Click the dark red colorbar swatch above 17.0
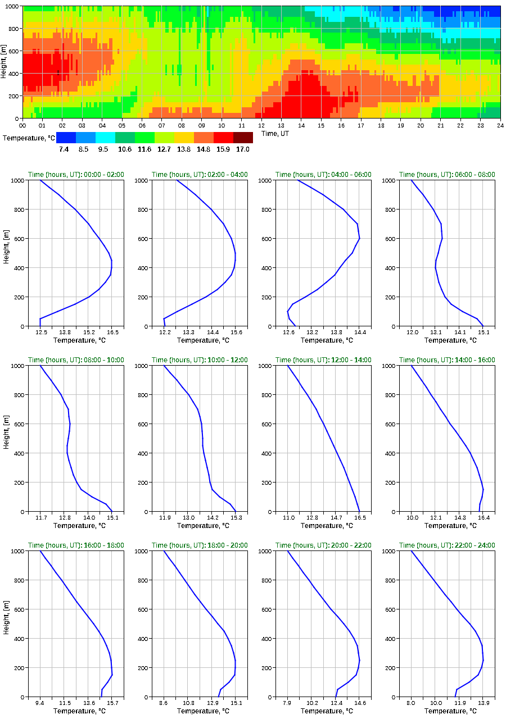pos(243,137)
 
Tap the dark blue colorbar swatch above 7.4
pos(66,137)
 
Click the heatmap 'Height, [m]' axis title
pos(4,62)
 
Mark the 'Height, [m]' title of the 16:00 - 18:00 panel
pos(5,624)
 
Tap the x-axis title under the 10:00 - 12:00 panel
pos(200,526)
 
